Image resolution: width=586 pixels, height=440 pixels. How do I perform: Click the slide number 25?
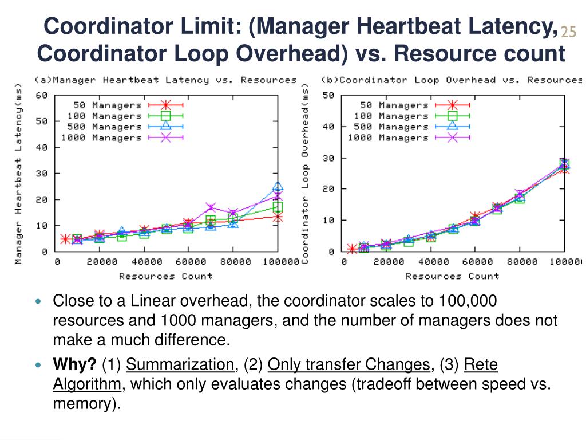click(x=568, y=32)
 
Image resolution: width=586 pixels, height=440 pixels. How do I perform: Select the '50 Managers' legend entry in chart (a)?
click(x=107, y=105)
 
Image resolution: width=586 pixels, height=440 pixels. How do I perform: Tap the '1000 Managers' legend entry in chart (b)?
click(x=387, y=137)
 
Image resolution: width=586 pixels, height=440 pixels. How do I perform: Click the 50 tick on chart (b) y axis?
click(x=328, y=95)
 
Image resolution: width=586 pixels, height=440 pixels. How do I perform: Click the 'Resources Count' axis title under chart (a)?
click(x=165, y=276)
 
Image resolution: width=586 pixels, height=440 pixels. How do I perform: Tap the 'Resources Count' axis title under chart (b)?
click(x=452, y=276)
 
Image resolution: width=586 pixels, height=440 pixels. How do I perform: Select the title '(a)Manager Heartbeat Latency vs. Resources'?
click(x=165, y=80)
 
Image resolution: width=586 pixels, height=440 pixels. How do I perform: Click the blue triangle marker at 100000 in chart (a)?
click(x=278, y=187)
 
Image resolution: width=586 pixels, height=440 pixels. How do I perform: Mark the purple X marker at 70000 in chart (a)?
click(x=211, y=207)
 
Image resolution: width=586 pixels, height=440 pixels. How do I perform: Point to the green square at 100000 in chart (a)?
click(x=278, y=207)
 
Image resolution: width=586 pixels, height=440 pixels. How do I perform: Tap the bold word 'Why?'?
click(x=74, y=364)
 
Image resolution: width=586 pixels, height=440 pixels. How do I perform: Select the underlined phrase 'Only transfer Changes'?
click(x=349, y=364)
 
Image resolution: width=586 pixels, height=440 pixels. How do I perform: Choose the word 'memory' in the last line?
click(x=84, y=403)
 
